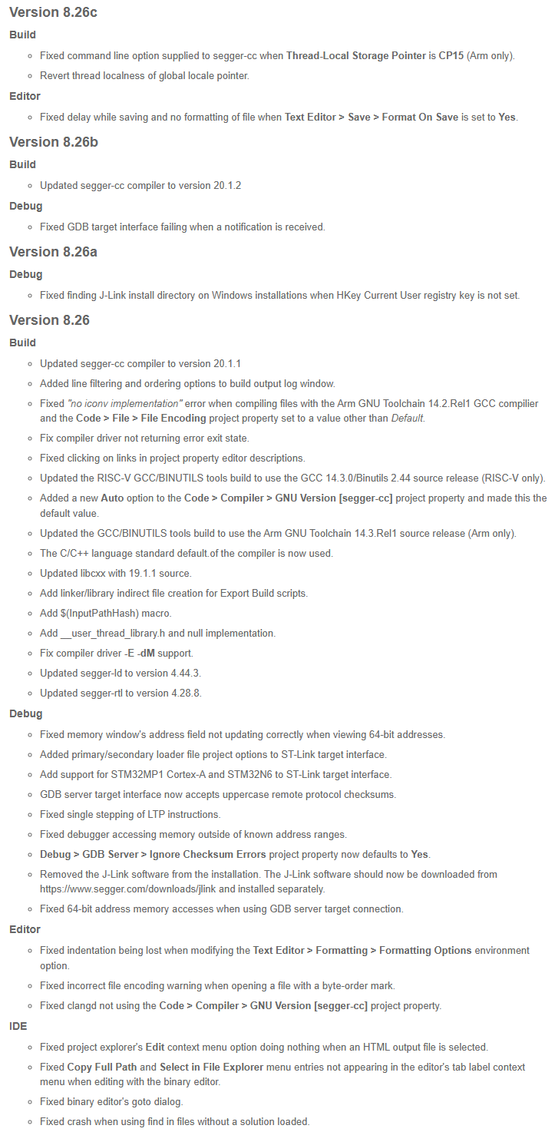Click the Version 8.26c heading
(x=53, y=12)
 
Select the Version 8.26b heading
(x=53, y=142)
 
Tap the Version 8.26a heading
(x=53, y=252)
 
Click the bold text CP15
(x=451, y=56)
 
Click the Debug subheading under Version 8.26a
(x=26, y=274)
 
